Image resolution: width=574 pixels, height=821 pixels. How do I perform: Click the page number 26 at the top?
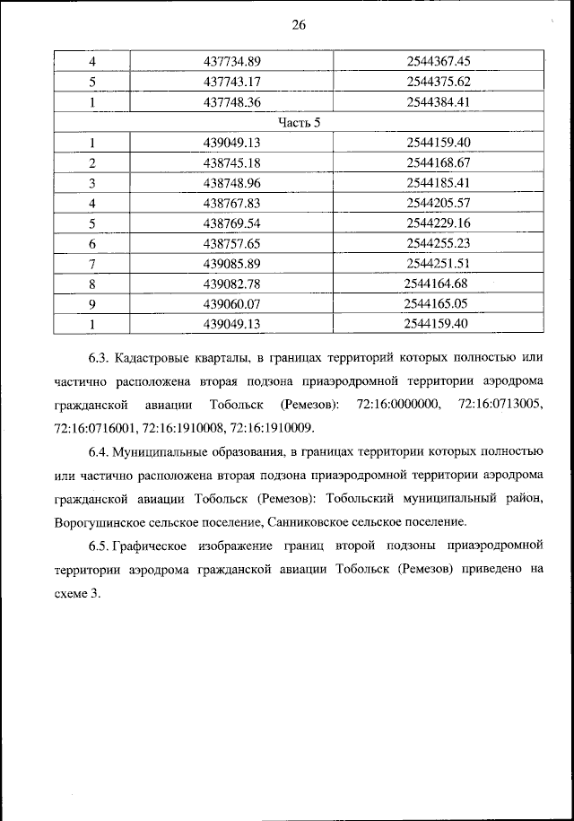[299, 26]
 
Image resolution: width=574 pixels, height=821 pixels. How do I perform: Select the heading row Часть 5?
[299, 122]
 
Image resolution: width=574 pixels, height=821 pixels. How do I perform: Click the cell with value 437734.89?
[231, 61]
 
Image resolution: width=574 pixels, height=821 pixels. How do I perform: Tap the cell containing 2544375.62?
[439, 82]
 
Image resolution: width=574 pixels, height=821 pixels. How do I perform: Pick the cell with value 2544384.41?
[439, 101]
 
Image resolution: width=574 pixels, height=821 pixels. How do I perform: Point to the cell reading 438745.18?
[231, 162]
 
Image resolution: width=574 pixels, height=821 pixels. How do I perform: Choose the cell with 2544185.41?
[439, 182]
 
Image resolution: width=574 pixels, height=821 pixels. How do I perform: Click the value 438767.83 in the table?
[231, 203]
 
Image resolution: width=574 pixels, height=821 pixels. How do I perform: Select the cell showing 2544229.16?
[439, 223]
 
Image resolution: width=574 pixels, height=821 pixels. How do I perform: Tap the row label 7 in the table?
[91, 263]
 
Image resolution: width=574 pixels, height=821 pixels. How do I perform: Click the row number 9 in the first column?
[91, 303]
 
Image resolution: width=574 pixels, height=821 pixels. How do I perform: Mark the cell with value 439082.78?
[231, 284]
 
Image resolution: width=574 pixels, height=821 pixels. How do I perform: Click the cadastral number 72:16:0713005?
[500, 406]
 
